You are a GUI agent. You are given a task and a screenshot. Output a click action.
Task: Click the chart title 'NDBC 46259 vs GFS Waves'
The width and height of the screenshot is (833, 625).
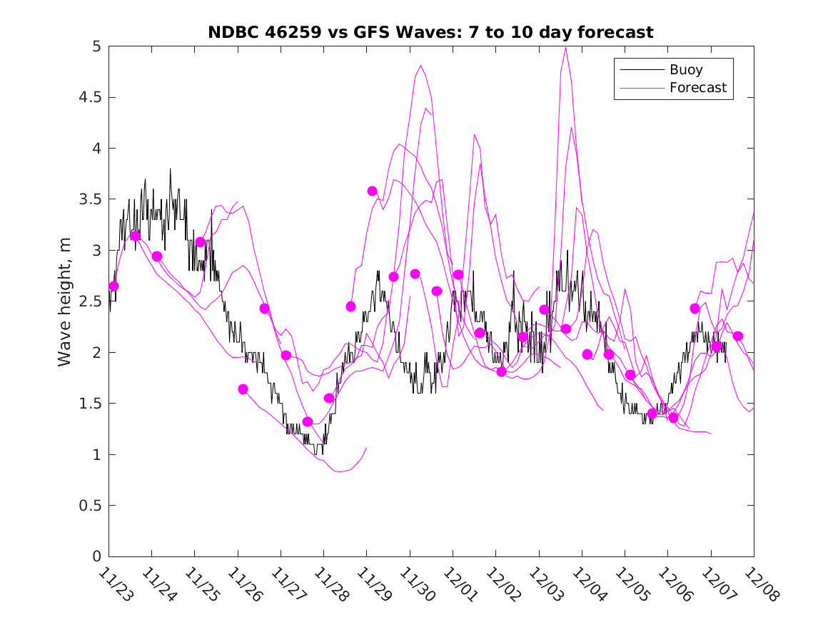[x=430, y=32]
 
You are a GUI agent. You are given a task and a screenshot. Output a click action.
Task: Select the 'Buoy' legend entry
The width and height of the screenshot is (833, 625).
[x=685, y=70]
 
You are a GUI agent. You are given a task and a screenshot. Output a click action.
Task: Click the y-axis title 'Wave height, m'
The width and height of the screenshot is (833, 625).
[x=65, y=301]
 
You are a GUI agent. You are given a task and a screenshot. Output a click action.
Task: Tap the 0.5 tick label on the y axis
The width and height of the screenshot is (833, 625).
[x=89, y=506]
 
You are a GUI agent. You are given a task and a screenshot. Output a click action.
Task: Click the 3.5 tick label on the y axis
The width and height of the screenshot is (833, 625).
[x=89, y=199]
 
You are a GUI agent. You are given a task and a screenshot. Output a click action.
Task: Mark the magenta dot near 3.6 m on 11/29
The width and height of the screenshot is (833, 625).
[x=372, y=191]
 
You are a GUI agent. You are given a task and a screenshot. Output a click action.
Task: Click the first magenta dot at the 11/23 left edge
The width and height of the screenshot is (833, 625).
[x=113, y=286]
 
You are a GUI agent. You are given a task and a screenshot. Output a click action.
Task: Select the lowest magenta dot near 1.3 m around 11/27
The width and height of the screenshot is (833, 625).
[x=308, y=421]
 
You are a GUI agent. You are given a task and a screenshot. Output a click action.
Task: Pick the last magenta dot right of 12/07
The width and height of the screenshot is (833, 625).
[x=738, y=336]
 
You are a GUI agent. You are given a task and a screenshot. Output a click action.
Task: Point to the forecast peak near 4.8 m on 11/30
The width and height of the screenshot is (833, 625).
[x=420, y=66]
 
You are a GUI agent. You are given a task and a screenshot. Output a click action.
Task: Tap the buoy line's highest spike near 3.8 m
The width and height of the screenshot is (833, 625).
[x=170, y=169]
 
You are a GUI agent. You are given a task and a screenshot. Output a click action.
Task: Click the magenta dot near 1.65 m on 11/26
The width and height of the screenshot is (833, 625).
[x=243, y=389]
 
